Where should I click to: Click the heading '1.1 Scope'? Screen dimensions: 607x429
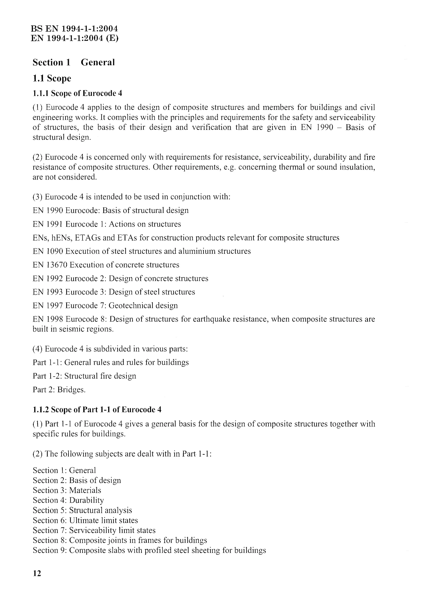[52, 78]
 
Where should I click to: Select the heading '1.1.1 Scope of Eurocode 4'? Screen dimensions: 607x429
[77, 93]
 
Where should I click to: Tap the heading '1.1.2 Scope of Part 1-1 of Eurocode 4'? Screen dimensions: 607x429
[97, 409]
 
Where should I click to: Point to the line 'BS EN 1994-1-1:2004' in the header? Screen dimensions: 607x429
[74, 29]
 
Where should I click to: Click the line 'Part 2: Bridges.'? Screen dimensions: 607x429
[59, 390]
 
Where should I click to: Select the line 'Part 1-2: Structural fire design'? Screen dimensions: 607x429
[84, 376]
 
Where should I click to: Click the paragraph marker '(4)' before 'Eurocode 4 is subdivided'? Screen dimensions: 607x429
[37, 349]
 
